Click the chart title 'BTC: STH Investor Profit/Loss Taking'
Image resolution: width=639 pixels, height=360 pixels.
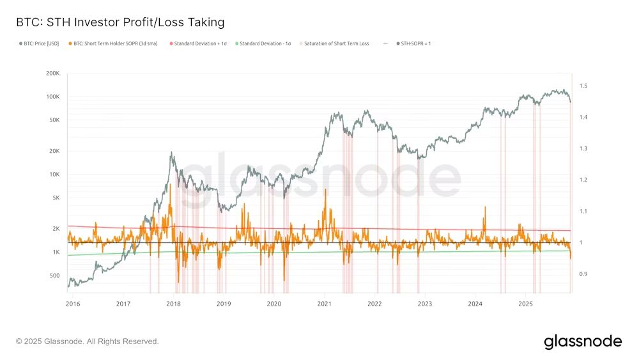[120, 22]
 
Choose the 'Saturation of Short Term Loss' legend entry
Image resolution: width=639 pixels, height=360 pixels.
[336, 43]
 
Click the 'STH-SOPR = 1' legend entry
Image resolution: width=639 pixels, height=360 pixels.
[417, 43]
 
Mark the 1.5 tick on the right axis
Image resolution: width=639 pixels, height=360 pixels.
[583, 86]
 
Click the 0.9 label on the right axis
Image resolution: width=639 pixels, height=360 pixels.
[583, 274]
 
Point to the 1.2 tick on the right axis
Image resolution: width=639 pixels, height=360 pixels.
[583, 180]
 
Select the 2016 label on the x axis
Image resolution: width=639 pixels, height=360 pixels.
[73, 304]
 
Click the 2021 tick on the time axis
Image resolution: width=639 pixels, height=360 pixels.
[324, 304]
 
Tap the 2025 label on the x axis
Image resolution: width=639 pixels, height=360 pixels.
[525, 304]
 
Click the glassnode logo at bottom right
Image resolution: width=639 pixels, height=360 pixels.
[582, 341]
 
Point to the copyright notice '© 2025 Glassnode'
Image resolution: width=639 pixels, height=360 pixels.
[87, 341]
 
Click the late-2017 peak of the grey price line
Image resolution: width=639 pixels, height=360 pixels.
[171, 153]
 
